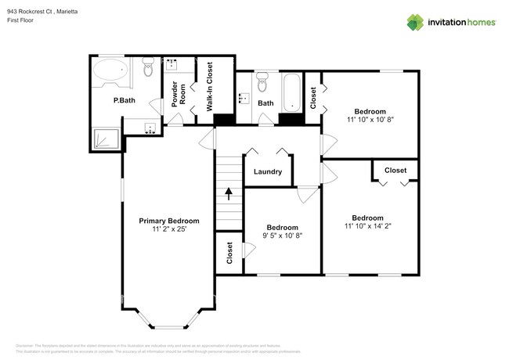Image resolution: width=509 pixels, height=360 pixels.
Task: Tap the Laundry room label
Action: [x=267, y=171]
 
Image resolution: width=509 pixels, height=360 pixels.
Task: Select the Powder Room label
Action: [x=179, y=93]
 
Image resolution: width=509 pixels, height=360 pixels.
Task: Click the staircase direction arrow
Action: [x=229, y=193]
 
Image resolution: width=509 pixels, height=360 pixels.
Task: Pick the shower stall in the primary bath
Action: [x=106, y=139]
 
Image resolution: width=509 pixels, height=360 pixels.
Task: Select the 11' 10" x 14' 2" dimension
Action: [x=367, y=227]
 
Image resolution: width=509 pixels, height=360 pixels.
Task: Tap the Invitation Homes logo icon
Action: [x=415, y=22]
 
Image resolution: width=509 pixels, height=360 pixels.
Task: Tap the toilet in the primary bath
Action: [x=148, y=71]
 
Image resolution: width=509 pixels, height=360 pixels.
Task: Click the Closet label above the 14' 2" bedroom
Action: [x=395, y=170]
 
